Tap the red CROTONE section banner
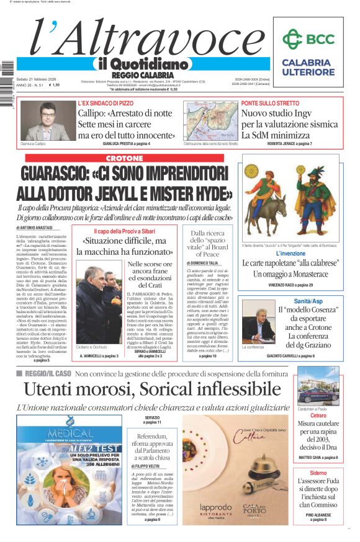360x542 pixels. click(124, 158)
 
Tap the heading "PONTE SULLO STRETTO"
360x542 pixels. click(270, 103)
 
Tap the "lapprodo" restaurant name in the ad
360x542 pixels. click(216, 507)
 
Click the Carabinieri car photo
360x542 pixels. click(318, 385)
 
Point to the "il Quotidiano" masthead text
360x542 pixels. click(142, 64)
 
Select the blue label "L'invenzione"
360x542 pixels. click(290, 254)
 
